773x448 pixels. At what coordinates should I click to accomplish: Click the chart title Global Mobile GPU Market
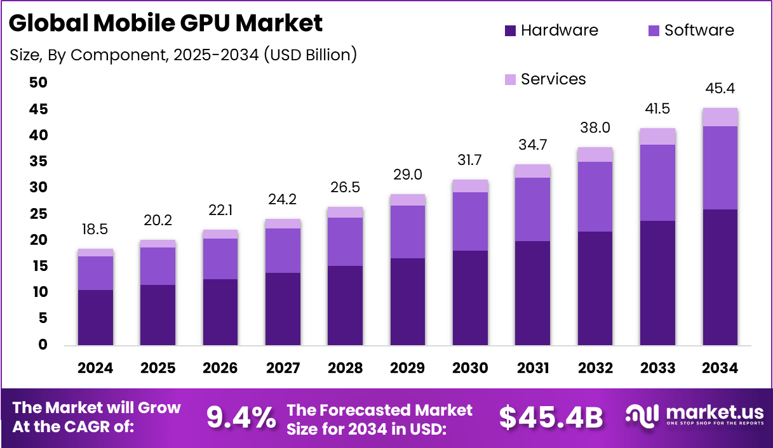[166, 23]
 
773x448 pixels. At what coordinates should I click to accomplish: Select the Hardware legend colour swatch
[510, 30]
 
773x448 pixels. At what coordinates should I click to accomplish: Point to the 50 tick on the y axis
[38, 82]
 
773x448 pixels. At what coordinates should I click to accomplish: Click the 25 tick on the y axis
[38, 214]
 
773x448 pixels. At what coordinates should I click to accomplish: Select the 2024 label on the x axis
[95, 368]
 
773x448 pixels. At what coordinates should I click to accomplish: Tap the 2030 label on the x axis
[470, 368]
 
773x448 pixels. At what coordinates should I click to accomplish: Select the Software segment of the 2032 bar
[595, 197]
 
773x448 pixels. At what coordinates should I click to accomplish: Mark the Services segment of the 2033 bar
[657, 136]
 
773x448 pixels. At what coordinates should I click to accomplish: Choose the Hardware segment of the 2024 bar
[95, 317]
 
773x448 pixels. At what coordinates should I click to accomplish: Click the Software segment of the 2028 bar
[345, 242]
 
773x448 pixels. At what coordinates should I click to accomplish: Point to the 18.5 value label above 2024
[95, 230]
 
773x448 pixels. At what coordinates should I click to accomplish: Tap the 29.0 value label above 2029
[408, 175]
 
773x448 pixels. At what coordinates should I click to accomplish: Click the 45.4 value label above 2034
[720, 88]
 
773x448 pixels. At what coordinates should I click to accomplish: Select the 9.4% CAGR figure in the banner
[241, 417]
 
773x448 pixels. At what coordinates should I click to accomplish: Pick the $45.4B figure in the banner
[550, 417]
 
